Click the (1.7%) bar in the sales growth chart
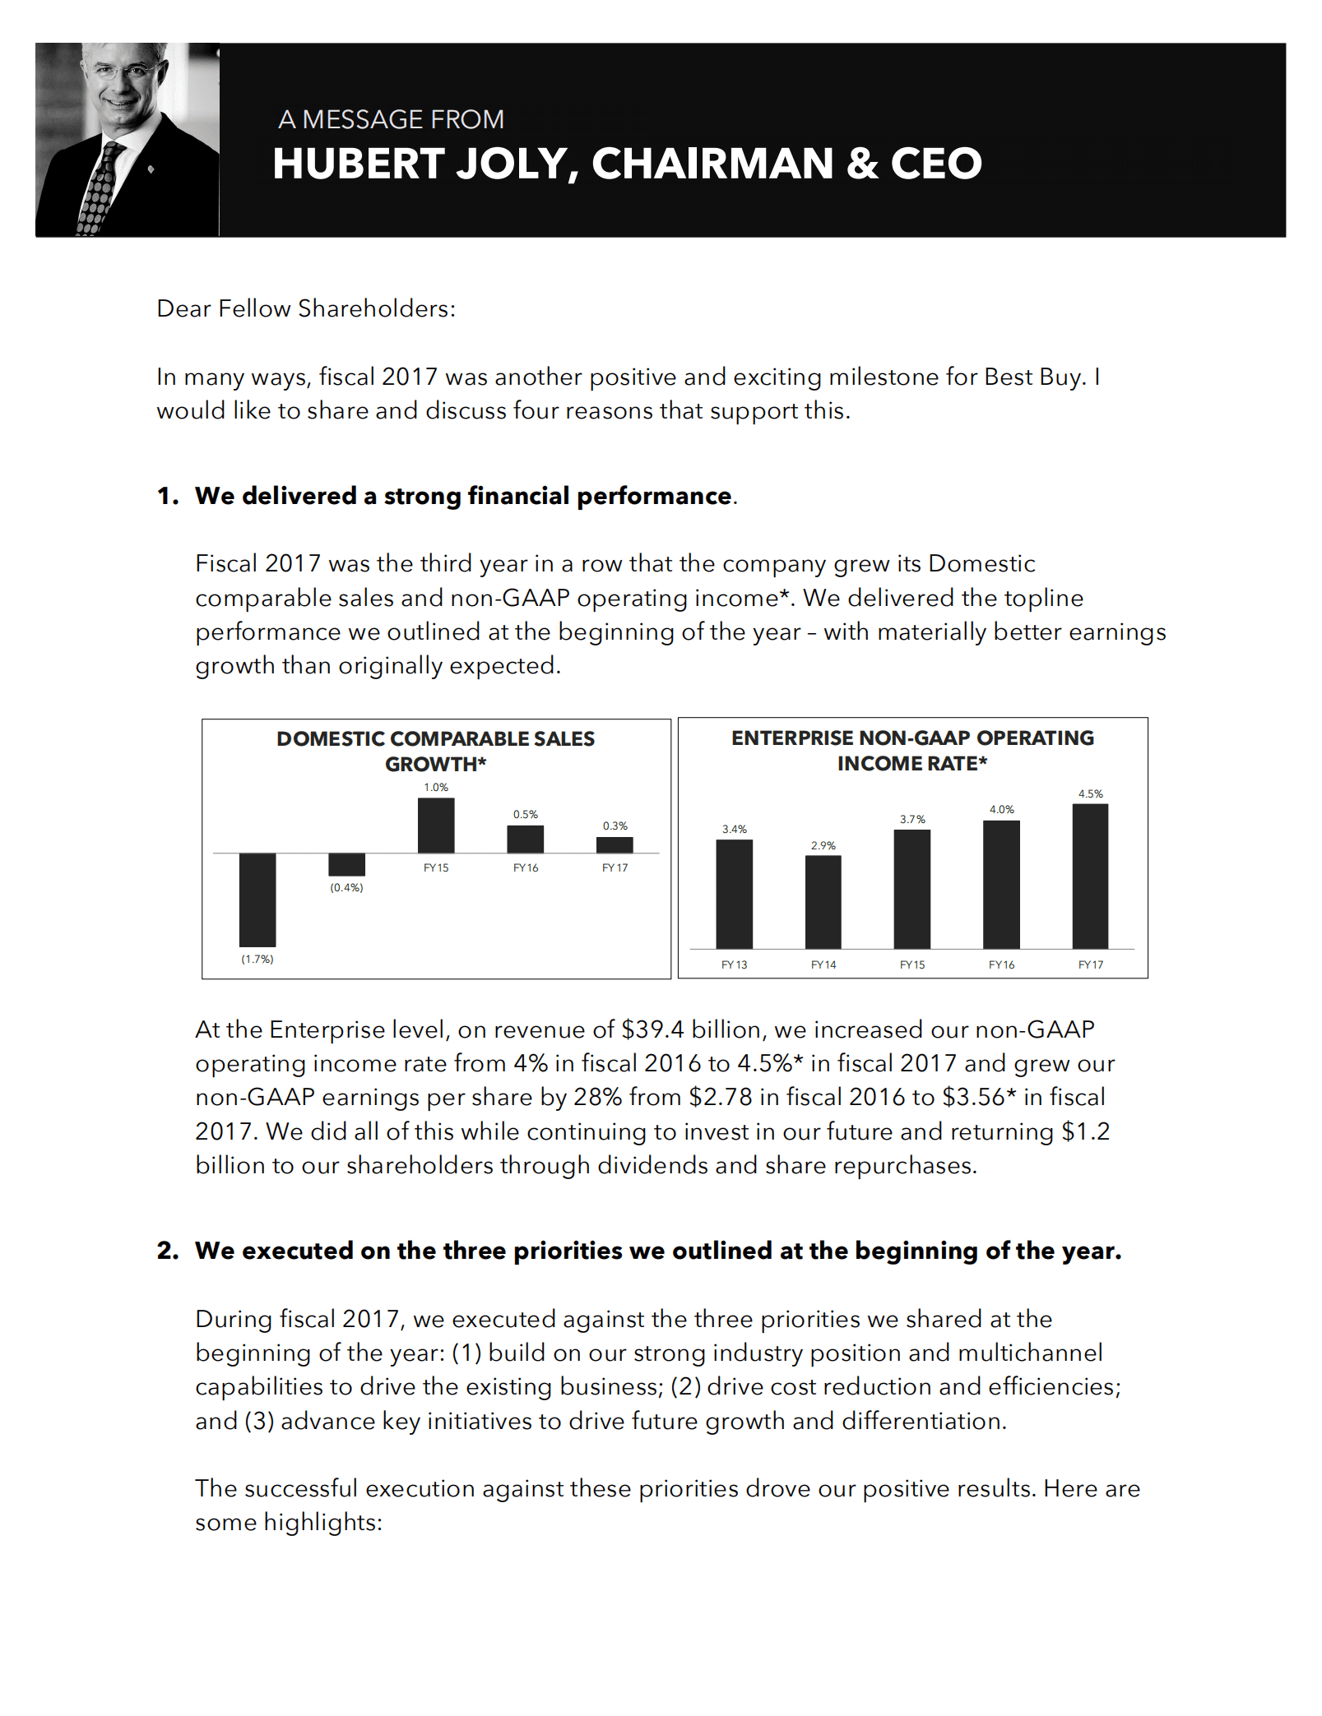click(x=257, y=900)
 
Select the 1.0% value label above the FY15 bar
click(x=436, y=787)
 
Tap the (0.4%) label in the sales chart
click(x=346, y=887)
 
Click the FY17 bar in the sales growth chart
click(x=615, y=844)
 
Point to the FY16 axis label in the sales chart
click(x=526, y=867)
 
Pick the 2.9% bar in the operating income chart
click(x=823, y=902)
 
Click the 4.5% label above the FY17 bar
click(x=1091, y=793)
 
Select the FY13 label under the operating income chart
click(x=734, y=964)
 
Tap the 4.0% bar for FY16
click(x=1001, y=884)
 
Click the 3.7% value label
click(x=912, y=819)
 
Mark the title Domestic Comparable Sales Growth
click(x=436, y=751)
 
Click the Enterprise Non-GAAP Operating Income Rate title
click(x=912, y=750)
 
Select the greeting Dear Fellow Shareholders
click(x=306, y=308)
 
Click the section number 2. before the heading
click(x=168, y=1251)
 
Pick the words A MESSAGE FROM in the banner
click(x=391, y=119)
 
